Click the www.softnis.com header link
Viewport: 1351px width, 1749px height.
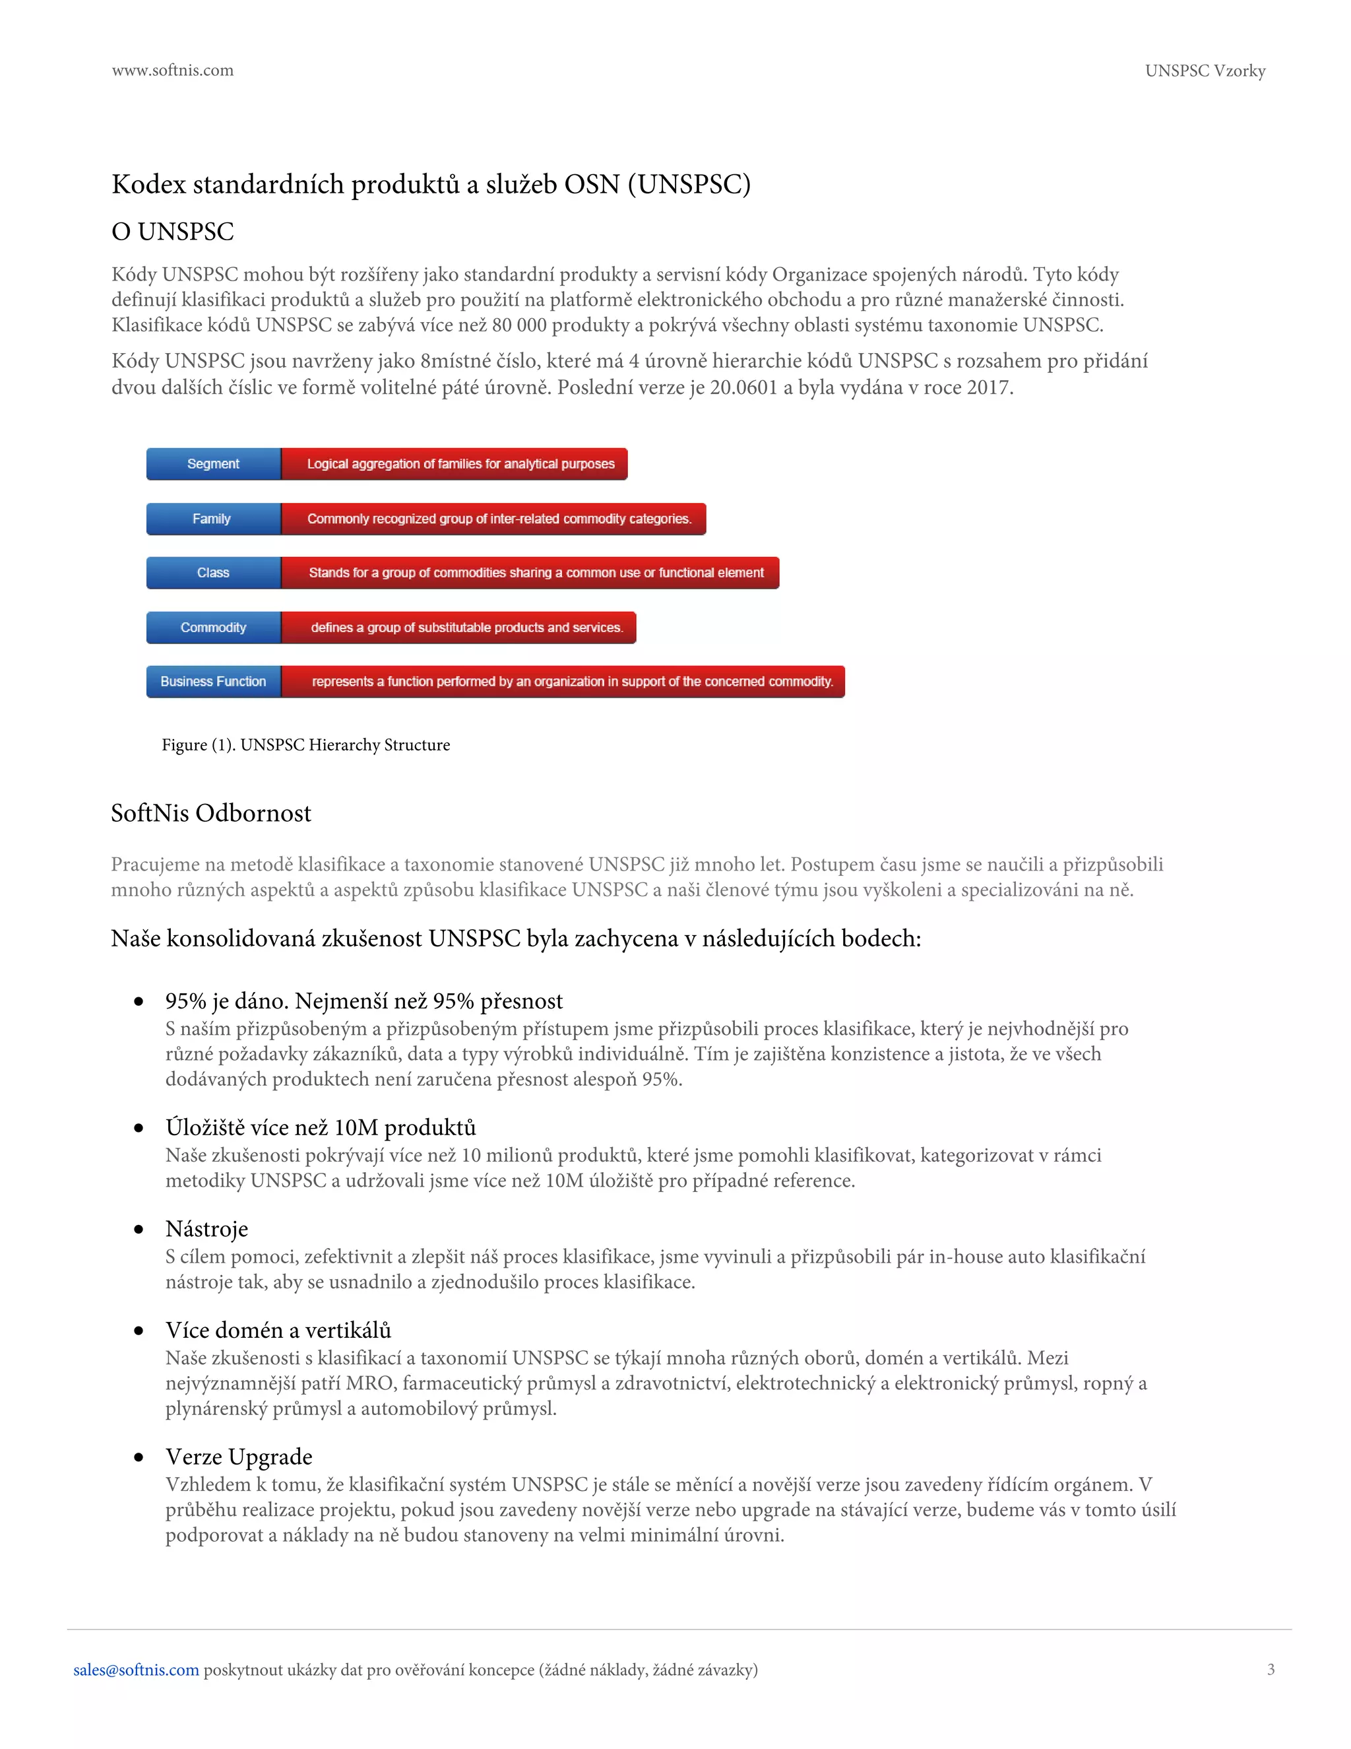[x=172, y=71]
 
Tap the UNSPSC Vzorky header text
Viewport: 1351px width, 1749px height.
[x=1205, y=71]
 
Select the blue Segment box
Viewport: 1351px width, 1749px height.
[x=214, y=464]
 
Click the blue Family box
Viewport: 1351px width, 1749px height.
[x=214, y=519]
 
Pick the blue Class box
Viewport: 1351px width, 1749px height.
[x=214, y=573]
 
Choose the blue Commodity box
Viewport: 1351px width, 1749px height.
[x=214, y=628]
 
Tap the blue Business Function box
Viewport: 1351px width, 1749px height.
[x=214, y=682]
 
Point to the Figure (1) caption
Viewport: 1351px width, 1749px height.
[x=305, y=744]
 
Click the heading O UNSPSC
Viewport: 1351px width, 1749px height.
[x=173, y=232]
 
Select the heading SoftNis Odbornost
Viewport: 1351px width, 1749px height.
[x=211, y=813]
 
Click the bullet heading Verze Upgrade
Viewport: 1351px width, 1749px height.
[x=239, y=1456]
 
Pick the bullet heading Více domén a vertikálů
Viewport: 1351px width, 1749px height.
[x=278, y=1330]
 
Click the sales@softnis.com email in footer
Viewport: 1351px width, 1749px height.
[x=136, y=1670]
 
